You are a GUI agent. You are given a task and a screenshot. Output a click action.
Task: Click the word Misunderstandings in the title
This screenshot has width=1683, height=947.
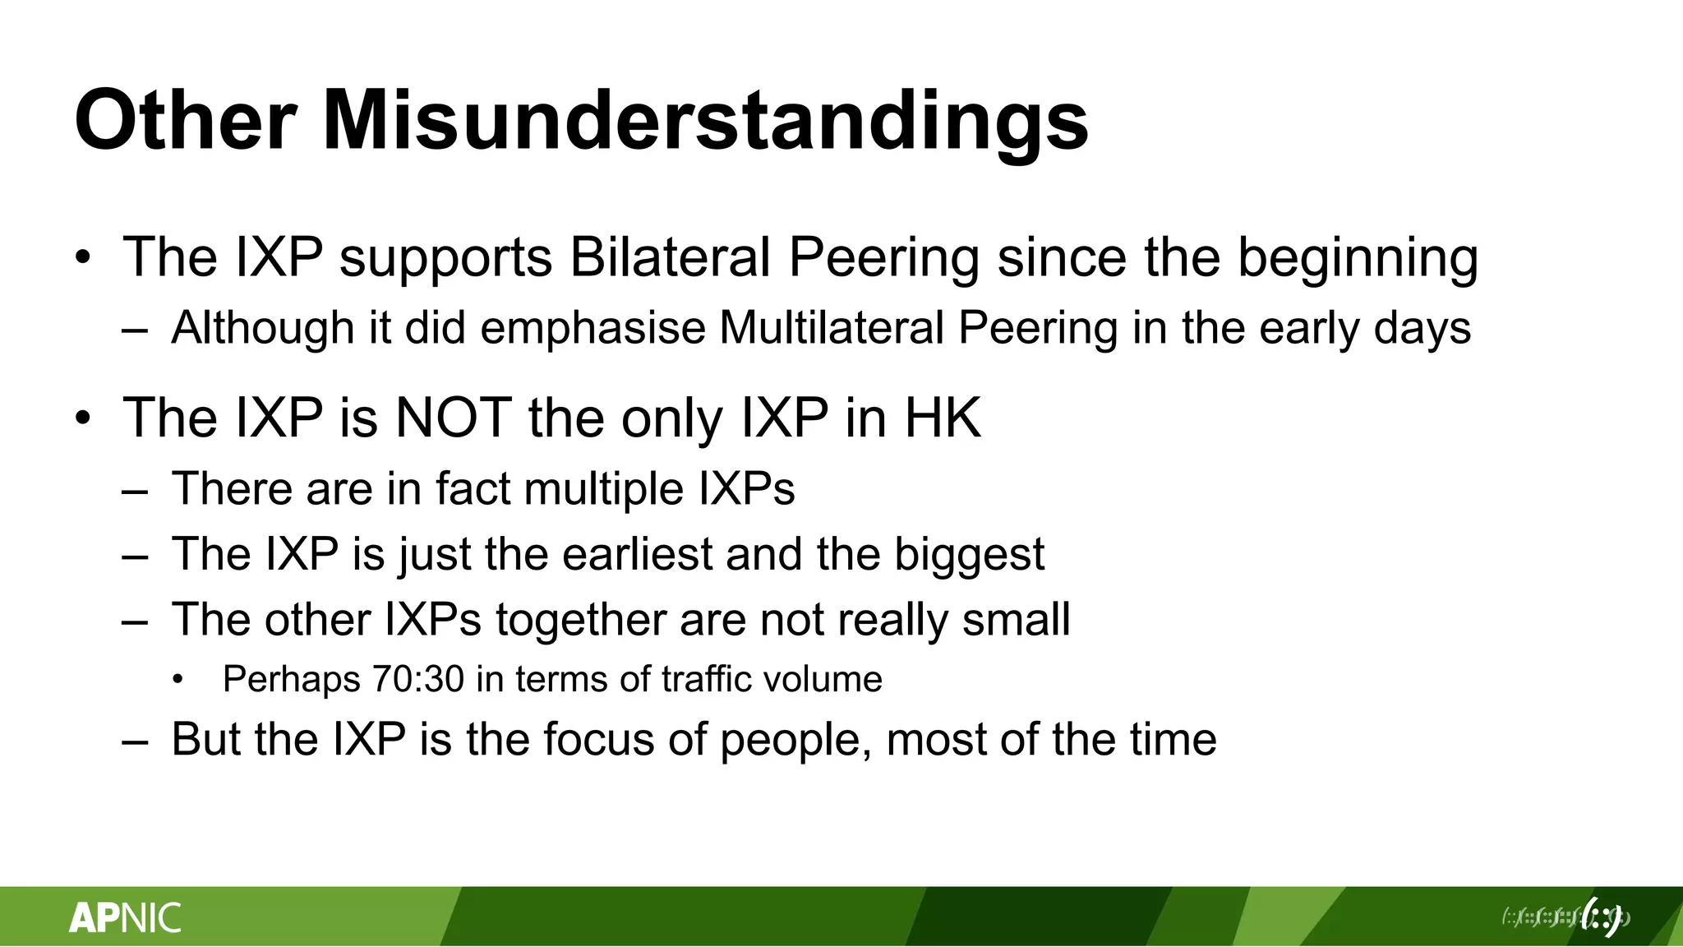[x=705, y=121]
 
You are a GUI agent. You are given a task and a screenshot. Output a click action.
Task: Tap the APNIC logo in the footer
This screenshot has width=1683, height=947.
[x=125, y=917]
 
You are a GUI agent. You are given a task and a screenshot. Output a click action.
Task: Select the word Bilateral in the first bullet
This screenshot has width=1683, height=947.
[x=671, y=257]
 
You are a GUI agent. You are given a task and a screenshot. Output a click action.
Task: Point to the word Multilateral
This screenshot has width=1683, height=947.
[x=832, y=328]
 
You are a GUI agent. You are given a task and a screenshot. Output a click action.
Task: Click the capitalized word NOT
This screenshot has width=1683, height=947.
[x=454, y=418]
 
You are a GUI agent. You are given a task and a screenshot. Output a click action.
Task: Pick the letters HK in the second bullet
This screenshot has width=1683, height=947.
[x=943, y=418]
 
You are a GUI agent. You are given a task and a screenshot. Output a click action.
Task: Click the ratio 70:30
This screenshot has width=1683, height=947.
[x=418, y=680]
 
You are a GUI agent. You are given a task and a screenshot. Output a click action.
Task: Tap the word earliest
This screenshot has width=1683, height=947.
[x=637, y=554]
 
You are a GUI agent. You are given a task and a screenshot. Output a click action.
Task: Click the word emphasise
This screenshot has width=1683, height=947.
[x=593, y=328]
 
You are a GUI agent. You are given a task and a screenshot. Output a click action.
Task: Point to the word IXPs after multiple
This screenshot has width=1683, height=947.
[x=747, y=488]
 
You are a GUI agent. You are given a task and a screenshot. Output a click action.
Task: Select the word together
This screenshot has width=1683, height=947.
[x=581, y=621]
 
